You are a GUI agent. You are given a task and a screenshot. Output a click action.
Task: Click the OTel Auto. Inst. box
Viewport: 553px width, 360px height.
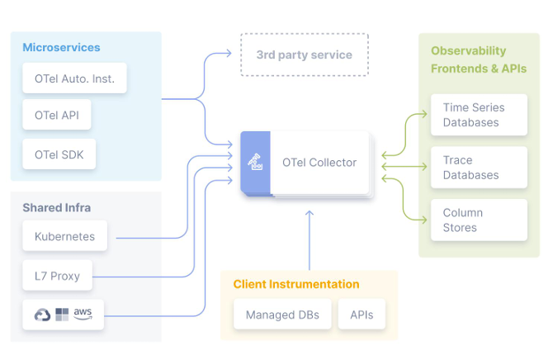click(74, 79)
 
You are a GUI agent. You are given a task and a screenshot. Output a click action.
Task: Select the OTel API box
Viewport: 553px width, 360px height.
click(57, 116)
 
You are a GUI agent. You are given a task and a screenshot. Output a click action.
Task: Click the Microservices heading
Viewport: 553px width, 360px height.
click(61, 48)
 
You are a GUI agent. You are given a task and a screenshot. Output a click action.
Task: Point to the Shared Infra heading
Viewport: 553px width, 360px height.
click(57, 207)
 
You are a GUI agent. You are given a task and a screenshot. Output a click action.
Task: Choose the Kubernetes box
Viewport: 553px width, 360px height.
click(64, 237)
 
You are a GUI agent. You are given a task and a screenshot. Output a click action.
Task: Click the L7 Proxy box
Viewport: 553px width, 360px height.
click(57, 276)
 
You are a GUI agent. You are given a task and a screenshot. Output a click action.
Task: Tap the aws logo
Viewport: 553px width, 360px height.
click(83, 314)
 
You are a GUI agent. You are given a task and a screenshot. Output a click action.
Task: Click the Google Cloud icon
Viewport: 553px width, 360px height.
click(42, 315)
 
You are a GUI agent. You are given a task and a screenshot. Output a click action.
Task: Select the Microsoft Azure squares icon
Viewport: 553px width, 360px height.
click(62, 315)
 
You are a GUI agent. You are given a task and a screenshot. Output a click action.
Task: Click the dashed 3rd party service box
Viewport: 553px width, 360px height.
click(304, 55)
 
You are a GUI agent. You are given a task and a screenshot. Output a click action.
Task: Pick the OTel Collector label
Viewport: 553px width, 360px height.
click(319, 163)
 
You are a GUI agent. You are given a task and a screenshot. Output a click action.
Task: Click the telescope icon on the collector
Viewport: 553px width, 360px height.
click(256, 162)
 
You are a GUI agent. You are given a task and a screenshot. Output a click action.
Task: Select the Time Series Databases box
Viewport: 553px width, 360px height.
click(478, 115)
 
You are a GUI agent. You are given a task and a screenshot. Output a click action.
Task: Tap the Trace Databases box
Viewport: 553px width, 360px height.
click(478, 168)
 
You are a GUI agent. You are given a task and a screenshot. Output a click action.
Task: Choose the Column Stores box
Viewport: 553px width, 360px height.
click(478, 220)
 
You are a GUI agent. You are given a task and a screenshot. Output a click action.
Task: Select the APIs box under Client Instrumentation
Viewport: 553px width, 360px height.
click(362, 315)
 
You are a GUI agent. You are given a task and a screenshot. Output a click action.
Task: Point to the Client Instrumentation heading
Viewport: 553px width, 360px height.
click(296, 284)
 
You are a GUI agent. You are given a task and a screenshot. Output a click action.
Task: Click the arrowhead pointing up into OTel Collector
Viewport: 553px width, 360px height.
click(310, 214)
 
